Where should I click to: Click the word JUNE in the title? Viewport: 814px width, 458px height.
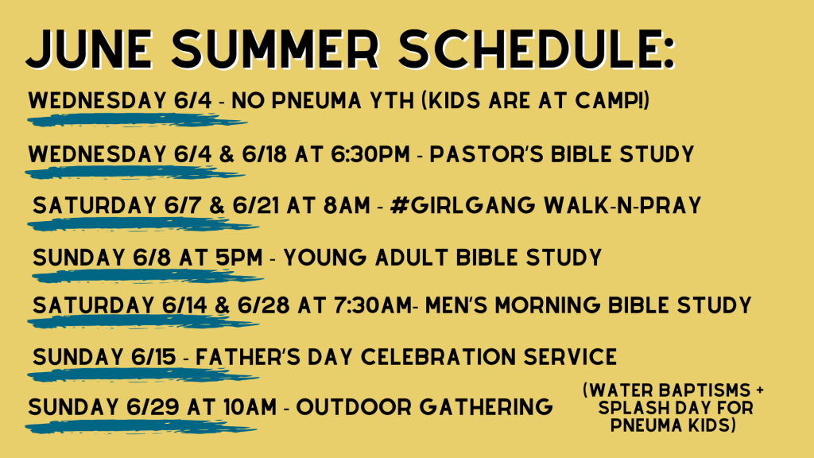pyautogui.click(x=89, y=49)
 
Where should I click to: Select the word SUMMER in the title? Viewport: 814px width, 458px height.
pyautogui.click(x=276, y=49)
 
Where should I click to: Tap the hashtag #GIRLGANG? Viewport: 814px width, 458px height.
pyautogui.click(x=463, y=205)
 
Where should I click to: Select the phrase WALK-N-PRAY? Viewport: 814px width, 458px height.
pyautogui.click(x=622, y=205)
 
